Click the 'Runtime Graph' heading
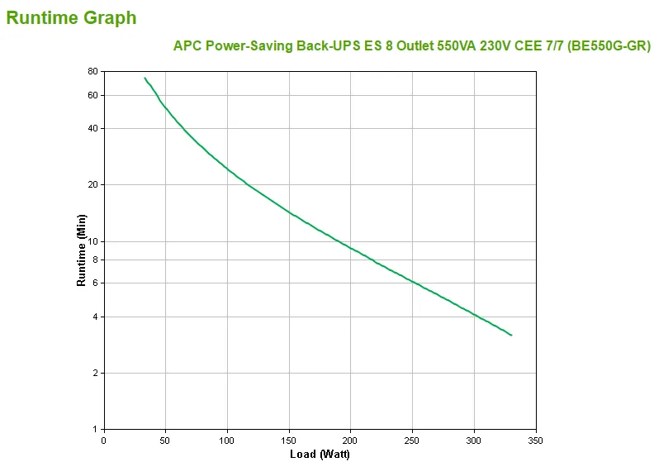tap(71, 17)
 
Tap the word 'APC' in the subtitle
tap(187, 46)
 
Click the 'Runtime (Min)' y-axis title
tap(81, 250)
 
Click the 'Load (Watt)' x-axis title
tap(320, 454)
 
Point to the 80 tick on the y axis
tap(92, 72)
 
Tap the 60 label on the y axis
tap(92, 95)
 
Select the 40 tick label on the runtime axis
tap(92, 128)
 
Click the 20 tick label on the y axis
tap(92, 184)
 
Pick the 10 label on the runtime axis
tap(92, 241)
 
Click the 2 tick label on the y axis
tap(95, 373)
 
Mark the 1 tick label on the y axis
tap(95, 429)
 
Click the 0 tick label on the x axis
tap(103, 440)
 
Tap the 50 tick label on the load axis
tap(165, 440)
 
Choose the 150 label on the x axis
tap(289, 440)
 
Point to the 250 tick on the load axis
tap(412, 440)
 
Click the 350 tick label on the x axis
tap(536, 440)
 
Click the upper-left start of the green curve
tap(145, 79)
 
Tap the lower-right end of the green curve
tap(511, 335)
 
